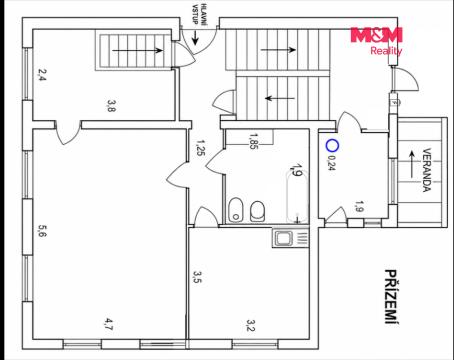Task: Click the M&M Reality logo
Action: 376,41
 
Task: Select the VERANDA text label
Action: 427,170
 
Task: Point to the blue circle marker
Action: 332,146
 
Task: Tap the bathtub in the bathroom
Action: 297,198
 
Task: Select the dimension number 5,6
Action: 42,231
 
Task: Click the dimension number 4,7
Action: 109,324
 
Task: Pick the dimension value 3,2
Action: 251,325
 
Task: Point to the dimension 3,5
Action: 197,277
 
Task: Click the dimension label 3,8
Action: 111,106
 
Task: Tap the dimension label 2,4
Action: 42,75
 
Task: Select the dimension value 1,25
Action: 201,148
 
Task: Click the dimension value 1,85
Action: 254,141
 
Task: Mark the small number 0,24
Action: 332,163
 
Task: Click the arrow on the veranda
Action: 412,164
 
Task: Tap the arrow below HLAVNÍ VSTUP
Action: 195,37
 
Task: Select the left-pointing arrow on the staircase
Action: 280,98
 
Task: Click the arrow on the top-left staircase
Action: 138,50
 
